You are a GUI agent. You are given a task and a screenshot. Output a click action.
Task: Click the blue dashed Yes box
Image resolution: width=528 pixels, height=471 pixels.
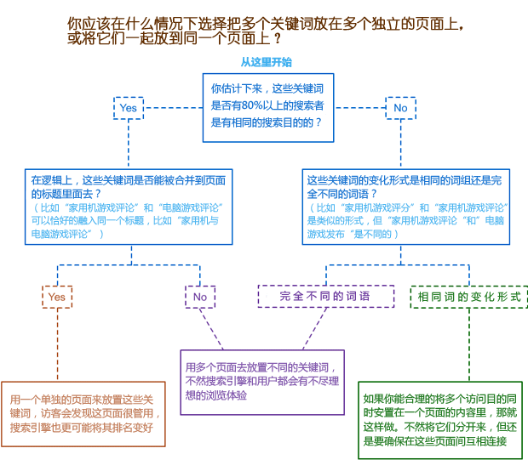pyautogui.click(x=129, y=108)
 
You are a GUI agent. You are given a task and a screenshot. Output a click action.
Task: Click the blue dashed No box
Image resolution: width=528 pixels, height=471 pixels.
pyautogui.click(x=399, y=108)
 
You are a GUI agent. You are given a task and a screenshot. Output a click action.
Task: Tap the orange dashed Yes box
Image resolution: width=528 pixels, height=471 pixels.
pyautogui.click(x=57, y=297)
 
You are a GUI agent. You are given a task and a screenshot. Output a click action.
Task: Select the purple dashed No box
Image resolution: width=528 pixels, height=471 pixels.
pyautogui.click(x=200, y=297)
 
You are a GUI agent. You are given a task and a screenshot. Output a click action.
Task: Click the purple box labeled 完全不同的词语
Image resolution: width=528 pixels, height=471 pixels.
pyautogui.click(x=326, y=296)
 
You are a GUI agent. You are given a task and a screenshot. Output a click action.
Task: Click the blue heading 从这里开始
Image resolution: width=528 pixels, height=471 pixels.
pyautogui.click(x=266, y=62)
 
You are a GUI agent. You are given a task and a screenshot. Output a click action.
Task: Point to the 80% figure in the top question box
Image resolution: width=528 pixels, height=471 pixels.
pyautogui.click(x=252, y=105)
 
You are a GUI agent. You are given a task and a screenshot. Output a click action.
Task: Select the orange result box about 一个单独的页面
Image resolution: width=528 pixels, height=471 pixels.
pyautogui.click(x=83, y=414)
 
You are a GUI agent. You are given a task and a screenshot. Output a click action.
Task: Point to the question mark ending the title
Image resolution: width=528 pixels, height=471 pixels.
pyautogui.click(x=278, y=40)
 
